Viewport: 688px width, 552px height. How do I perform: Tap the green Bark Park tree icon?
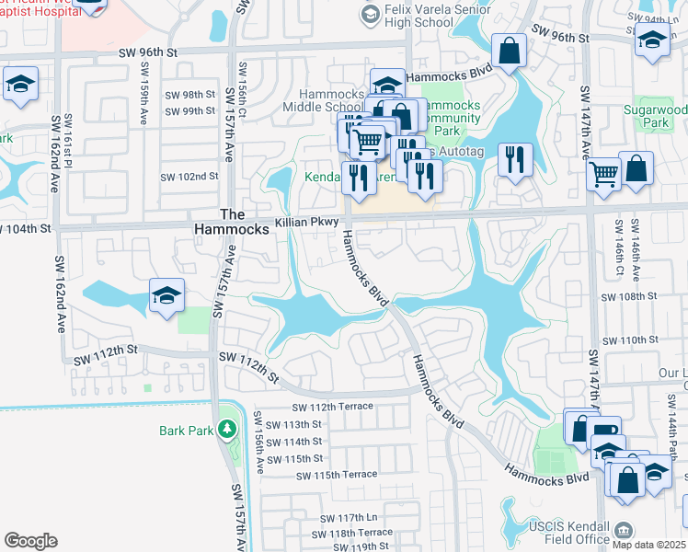click(x=226, y=430)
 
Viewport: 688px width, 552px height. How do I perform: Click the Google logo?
click(x=30, y=540)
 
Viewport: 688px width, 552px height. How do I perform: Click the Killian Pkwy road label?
click(x=307, y=223)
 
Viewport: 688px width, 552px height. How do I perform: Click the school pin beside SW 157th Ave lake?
click(x=166, y=296)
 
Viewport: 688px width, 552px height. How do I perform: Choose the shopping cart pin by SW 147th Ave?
click(x=603, y=174)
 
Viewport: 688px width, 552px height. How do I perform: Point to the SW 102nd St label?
click(x=189, y=177)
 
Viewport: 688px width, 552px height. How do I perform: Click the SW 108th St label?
click(x=629, y=297)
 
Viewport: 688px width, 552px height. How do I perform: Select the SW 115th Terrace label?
click(x=337, y=475)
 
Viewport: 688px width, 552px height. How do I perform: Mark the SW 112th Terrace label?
click(x=333, y=407)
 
